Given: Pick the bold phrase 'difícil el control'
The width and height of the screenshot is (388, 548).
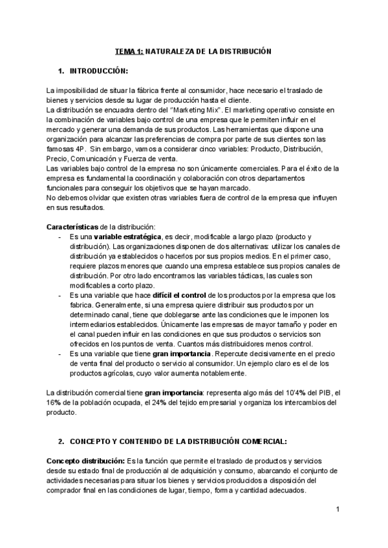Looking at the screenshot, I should coord(166,295).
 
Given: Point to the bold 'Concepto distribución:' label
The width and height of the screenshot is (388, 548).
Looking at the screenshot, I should coord(85,460).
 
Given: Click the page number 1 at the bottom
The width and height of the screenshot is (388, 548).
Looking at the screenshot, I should coord(338,510).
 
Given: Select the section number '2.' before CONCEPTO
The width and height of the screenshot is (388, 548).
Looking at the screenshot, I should coord(61,441).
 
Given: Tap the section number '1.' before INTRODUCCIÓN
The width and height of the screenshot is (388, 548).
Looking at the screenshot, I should coord(61,69).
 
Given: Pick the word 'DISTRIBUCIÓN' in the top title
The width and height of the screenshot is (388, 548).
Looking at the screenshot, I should coord(237,50).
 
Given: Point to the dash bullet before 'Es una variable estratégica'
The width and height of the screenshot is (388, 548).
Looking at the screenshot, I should coord(60,237).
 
